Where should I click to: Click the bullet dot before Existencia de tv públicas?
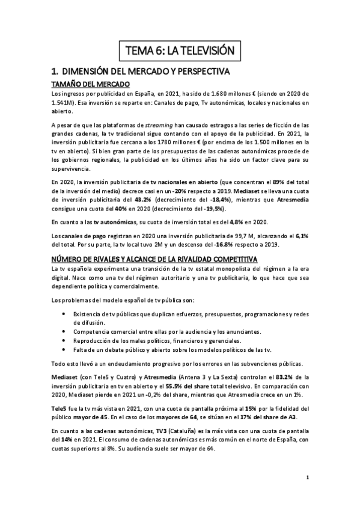[x=65, y=313]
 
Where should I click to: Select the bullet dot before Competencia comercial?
[x=65, y=331]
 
